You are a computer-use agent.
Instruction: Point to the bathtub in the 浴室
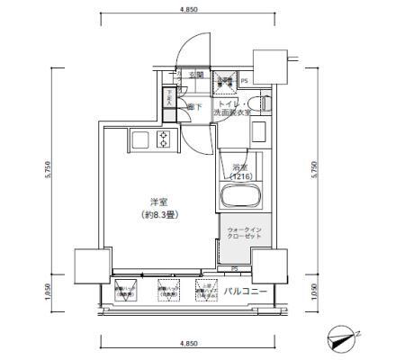click(x=239, y=198)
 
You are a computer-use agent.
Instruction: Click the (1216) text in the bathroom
click(x=239, y=177)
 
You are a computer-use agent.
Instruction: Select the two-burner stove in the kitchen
click(x=165, y=139)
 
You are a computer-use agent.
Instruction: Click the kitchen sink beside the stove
click(x=141, y=139)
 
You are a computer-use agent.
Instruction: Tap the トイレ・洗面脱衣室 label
click(x=233, y=110)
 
